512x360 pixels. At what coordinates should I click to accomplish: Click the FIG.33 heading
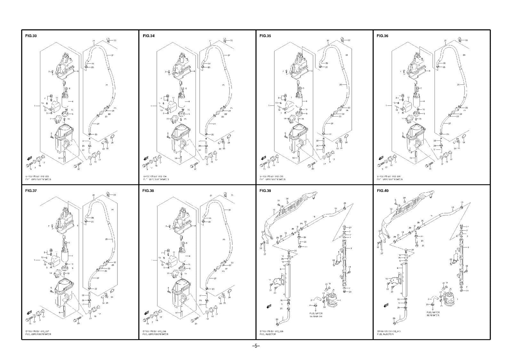31,36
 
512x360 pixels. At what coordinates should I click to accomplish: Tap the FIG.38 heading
148,191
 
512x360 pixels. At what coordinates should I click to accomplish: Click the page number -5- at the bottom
256,346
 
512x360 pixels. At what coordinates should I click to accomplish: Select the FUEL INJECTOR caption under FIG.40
385,334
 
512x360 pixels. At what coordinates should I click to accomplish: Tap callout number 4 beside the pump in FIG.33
73,101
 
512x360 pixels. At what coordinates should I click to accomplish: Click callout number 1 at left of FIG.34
151,106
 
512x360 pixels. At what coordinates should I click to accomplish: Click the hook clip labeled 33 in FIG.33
108,40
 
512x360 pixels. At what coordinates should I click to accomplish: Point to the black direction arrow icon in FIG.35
264,158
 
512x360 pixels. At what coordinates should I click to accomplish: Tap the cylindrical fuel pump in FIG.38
182,256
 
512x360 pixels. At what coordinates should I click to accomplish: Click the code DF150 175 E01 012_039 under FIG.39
272,331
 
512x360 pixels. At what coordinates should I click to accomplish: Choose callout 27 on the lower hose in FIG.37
98,278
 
